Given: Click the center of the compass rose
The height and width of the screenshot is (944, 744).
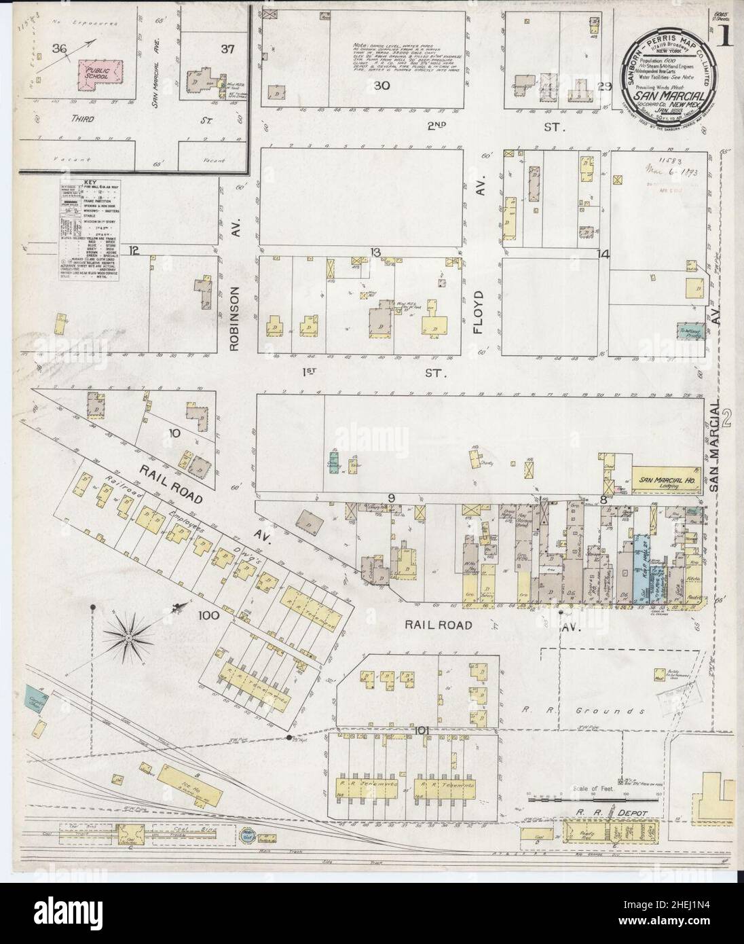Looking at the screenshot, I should coord(127,636).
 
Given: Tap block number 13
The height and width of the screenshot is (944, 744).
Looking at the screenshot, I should coord(374,253).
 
